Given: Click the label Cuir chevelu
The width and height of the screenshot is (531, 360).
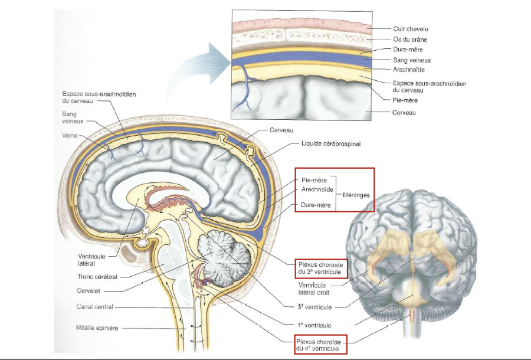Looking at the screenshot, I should [x=411, y=28].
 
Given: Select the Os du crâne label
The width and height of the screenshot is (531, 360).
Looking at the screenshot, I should [x=411, y=39].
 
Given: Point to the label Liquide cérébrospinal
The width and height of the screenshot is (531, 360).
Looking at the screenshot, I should [x=330, y=143].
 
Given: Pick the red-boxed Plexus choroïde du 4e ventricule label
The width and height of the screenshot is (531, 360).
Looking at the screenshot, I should [x=319, y=345].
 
